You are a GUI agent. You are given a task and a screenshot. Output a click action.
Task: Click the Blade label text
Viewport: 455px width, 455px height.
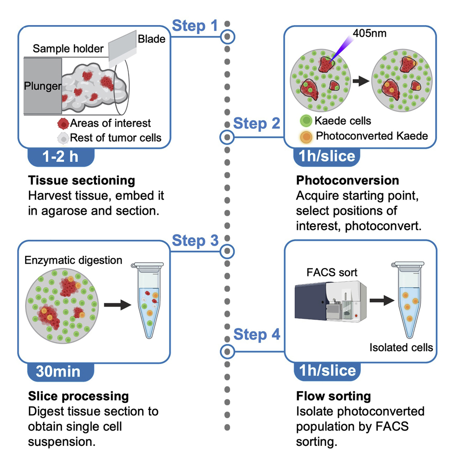coord(151,38)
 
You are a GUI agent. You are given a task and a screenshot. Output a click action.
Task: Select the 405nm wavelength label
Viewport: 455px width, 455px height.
coord(370,33)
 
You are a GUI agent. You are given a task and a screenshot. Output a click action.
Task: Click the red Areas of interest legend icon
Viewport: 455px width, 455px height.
coord(63,123)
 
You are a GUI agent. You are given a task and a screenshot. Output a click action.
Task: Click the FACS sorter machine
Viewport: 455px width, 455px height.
coord(326,302)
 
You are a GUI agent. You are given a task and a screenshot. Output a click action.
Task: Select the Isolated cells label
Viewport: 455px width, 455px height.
coord(401,348)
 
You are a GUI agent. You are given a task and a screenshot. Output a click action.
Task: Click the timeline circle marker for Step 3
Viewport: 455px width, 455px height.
coord(227,251)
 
